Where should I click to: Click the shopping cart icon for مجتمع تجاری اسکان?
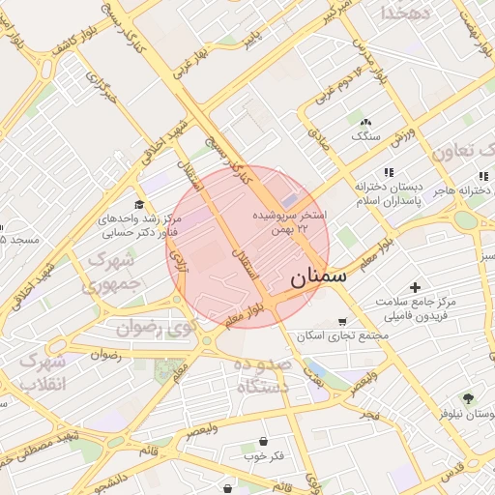click(341, 322)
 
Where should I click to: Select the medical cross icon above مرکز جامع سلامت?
click(415, 287)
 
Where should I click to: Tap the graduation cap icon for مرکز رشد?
click(139, 204)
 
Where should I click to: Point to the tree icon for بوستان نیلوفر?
click(470, 398)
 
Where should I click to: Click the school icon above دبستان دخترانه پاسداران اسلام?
click(389, 172)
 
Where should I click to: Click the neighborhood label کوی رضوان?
click(156, 329)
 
